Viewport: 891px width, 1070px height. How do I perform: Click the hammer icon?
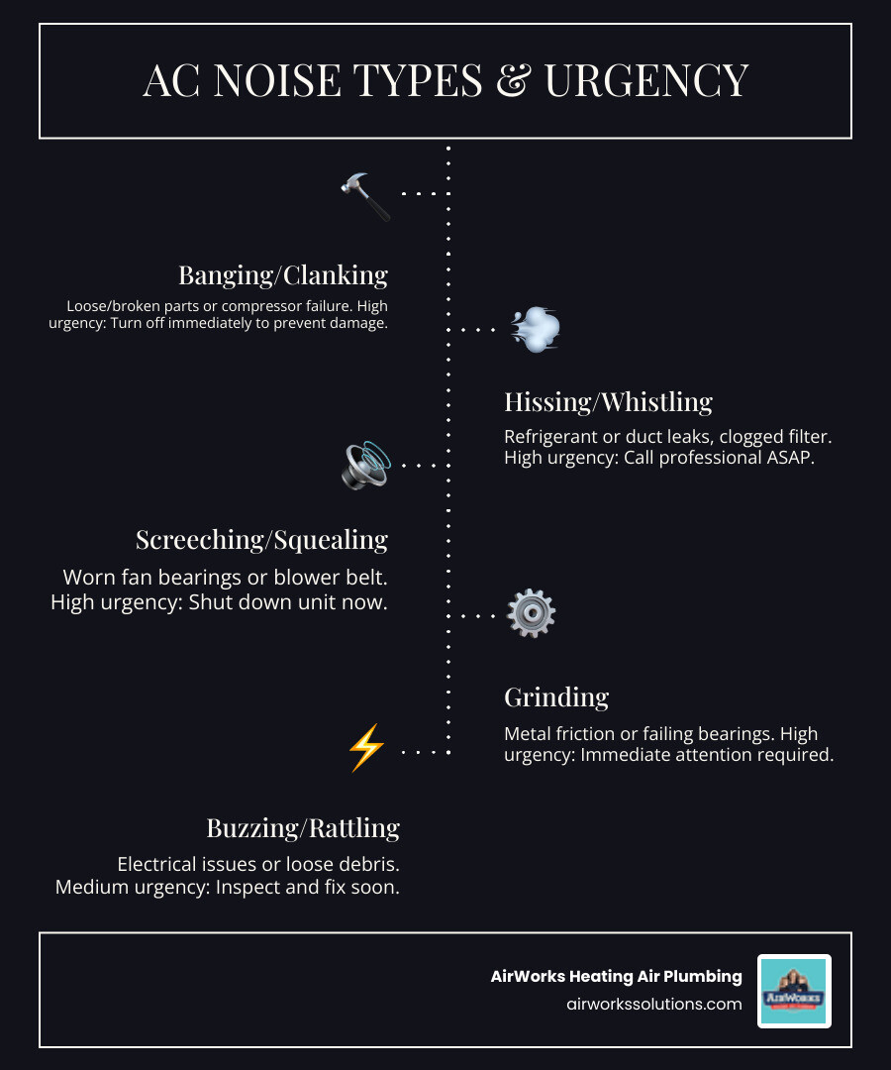364,196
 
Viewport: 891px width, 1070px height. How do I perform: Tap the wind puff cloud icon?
536,330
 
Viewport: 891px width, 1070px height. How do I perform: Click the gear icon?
531,614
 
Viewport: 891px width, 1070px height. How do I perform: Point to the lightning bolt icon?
365,748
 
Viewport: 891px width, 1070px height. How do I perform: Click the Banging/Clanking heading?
283,274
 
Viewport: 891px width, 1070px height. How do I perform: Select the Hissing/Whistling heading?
608,401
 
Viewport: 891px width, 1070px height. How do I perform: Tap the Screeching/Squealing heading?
261,539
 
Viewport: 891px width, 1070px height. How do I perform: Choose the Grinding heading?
556,696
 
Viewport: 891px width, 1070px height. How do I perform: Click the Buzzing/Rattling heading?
303,827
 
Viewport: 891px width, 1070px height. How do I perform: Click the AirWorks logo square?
794,990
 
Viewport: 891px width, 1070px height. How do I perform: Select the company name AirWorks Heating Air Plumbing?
616,976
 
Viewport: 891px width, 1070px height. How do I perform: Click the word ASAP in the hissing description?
788,458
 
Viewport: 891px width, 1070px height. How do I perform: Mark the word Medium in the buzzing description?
89,887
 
